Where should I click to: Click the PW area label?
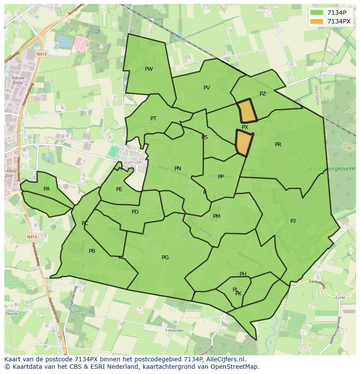coord(149,69)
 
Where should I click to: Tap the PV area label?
coord(207,88)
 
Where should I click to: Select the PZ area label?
coord(263,94)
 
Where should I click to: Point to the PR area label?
coord(278,145)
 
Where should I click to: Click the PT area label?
coord(153,119)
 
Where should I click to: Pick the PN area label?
coord(177,169)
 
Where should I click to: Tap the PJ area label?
coord(293,221)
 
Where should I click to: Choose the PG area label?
coord(165,258)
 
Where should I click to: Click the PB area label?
coord(92,251)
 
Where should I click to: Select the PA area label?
coord(47,189)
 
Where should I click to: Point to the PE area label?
coord(119,189)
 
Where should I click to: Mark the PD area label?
coord(135,212)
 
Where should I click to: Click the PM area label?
coord(217,216)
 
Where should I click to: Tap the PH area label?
coord(243,274)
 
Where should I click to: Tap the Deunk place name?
coord(11,313)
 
